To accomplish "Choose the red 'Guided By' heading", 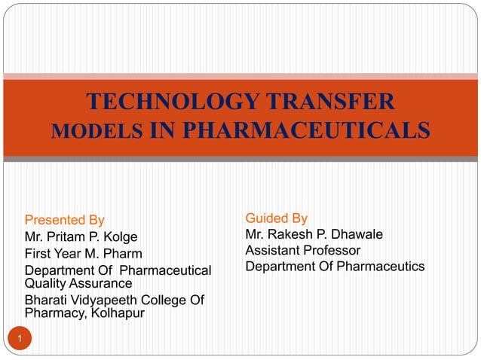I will click(x=276, y=218).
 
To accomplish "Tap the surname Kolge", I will click(x=118, y=237).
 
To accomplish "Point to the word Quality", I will click(x=46, y=283).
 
